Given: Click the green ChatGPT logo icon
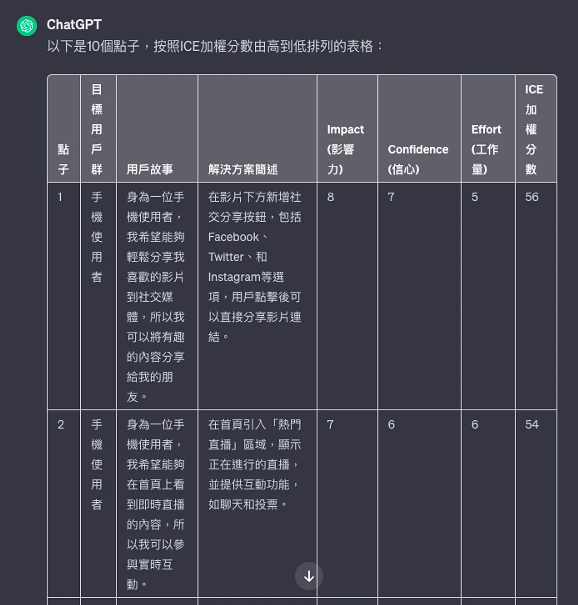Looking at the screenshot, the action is click(x=27, y=26).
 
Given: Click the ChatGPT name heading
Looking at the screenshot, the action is click(x=74, y=25).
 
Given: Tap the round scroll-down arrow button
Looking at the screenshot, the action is click(x=309, y=576).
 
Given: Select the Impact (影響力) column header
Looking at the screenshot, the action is click(x=346, y=149).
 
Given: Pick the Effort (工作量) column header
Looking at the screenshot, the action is click(x=486, y=149).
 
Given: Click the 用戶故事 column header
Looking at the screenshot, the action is click(x=149, y=169).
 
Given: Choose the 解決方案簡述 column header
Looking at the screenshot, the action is click(x=243, y=169).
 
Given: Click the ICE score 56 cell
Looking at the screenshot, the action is click(x=532, y=197).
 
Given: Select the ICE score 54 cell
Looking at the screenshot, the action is click(x=532, y=424).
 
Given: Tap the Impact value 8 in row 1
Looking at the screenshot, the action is click(x=331, y=197).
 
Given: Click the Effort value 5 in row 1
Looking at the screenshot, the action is click(x=475, y=197).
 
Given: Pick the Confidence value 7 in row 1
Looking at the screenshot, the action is click(x=391, y=197).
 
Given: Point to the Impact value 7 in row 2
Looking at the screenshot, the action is click(x=330, y=424).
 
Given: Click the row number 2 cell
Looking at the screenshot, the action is click(x=61, y=424).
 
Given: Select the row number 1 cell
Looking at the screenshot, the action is click(x=60, y=197).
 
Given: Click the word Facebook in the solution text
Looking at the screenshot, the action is click(x=233, y=237).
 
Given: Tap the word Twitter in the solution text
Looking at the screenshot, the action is click(x=226, y=257).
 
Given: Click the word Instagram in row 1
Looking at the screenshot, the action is click(x=234, y=277).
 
